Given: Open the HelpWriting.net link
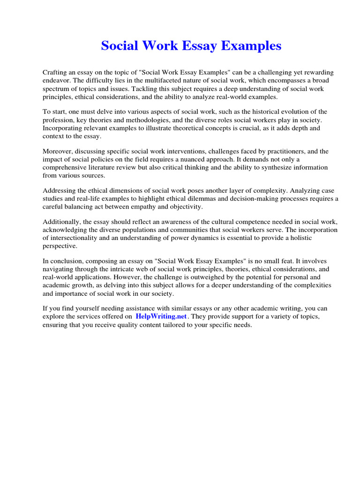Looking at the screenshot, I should click(x=161, y=316).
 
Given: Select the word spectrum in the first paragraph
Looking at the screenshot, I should click(x=57, y=89).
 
